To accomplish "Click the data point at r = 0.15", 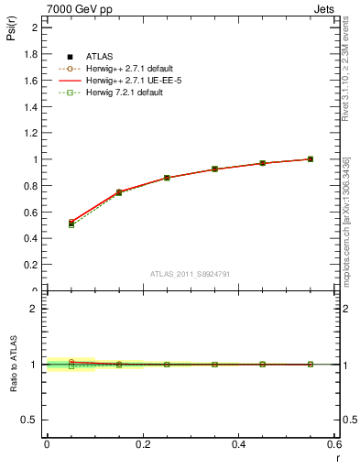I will coord(119,192).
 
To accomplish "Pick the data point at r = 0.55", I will coord(311,159).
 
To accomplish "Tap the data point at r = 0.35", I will coord(214,169).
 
